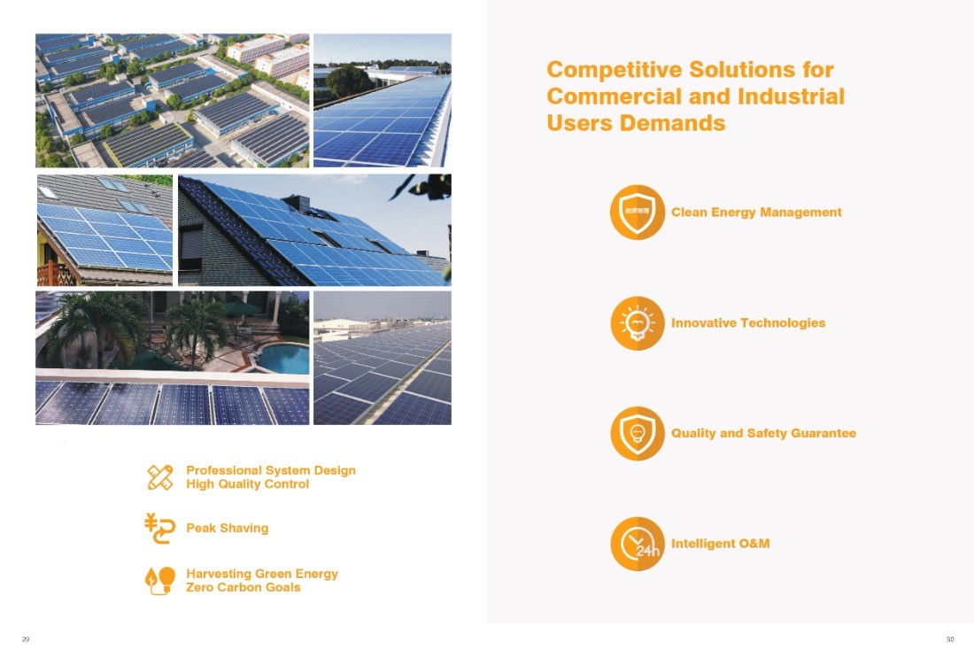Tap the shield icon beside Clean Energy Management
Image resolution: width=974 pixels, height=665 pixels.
[638, 213]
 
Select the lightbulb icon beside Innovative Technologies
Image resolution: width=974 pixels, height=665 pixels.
[638, 323]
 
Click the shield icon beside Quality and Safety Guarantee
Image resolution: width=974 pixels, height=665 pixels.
[638, 433]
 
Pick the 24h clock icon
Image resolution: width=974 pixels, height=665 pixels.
[638, 544]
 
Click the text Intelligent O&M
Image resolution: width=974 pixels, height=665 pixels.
[720, 544]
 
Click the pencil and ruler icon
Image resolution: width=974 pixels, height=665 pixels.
[160, 477]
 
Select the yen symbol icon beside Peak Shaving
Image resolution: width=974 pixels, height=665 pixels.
[159, 529]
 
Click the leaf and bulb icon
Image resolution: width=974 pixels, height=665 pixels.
[159, 581]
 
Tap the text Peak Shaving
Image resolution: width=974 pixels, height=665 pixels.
[228, 529]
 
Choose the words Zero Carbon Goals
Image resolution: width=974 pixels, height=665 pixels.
[243, 587]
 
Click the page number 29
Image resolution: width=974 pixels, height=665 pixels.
[26, 639]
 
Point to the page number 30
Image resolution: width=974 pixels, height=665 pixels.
[950, 639]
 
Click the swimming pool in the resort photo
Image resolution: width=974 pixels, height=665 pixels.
[282, 359]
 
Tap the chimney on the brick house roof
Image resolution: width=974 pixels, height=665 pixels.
[296, 203]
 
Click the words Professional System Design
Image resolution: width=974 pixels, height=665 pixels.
[271, 470]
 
